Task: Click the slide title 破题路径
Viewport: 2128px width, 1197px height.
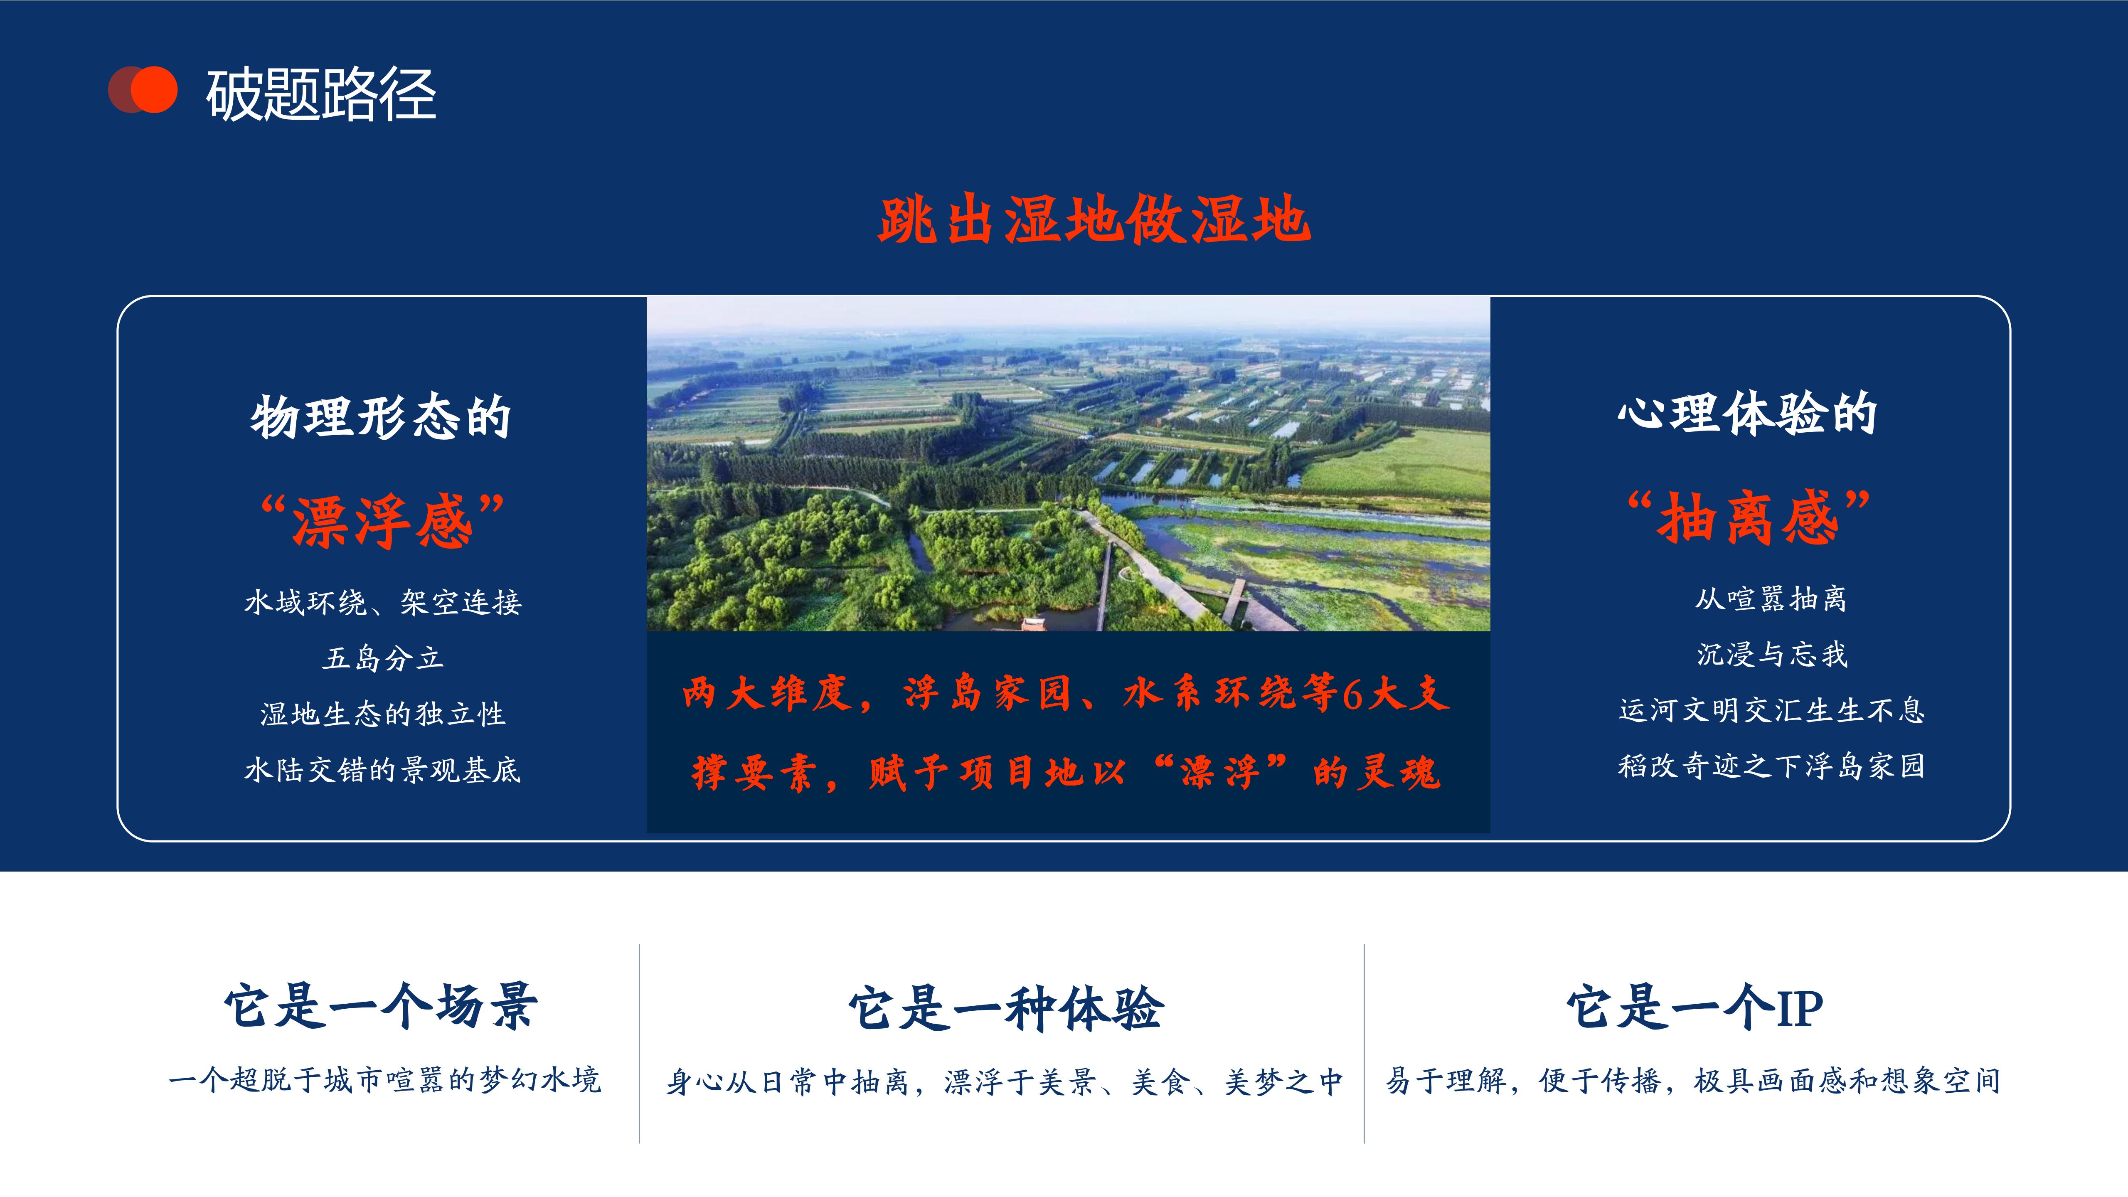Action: [320, 94]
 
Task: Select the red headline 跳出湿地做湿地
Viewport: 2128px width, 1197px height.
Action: [1094, 220]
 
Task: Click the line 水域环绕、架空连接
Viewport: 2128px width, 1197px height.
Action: [382, 602]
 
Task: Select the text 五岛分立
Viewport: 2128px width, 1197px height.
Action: [382, 658]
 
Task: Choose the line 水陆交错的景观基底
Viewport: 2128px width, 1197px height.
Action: [382, 769]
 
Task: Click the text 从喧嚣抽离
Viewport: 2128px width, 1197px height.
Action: [1770, 598]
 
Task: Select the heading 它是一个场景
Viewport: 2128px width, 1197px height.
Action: [381, 1006]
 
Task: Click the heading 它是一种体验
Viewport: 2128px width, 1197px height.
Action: [1006, 1008]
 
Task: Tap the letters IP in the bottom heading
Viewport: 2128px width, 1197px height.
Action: [1799, 1008]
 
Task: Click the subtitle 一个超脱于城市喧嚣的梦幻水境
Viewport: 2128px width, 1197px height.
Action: [384, 1080]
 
